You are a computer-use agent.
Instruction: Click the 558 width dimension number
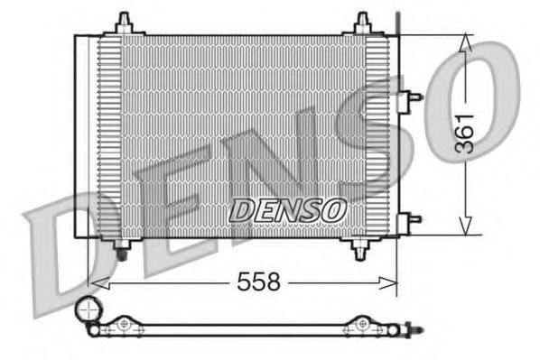pos(259,282)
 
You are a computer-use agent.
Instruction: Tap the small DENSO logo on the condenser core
pos(287,209)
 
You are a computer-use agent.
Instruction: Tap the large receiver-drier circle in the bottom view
pos(88,312)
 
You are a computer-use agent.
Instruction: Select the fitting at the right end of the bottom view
pos(413,330)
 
